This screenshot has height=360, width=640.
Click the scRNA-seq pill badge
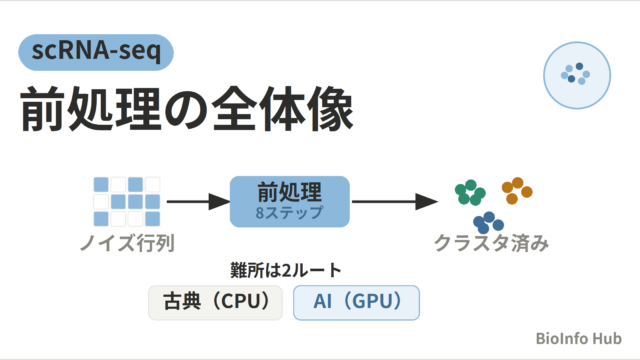96,52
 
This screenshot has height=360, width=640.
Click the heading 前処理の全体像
187,109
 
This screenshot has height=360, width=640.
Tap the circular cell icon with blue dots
577,75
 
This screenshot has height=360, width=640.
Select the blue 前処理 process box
290,202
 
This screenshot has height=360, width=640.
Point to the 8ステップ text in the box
289,213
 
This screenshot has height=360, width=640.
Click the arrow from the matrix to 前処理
198,202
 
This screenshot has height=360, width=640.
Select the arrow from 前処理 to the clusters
395,202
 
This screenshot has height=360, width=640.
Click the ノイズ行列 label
127,243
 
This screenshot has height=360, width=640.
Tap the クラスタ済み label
491,243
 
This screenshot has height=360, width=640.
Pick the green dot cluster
470,192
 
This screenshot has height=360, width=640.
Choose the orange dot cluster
517,191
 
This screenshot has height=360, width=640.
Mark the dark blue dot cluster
488,222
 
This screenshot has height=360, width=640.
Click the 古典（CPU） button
216,302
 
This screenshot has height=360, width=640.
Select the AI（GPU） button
356,302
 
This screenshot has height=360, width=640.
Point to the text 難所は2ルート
286,270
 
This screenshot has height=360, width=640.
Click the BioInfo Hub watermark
578,338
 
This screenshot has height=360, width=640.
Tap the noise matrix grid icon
127,202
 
